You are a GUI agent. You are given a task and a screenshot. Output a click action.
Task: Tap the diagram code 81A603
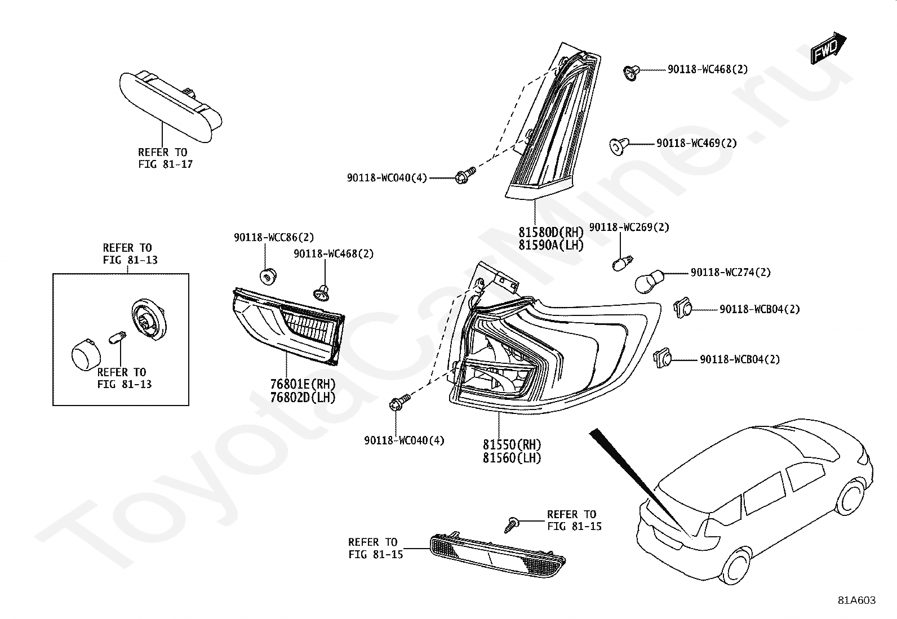[856, 600]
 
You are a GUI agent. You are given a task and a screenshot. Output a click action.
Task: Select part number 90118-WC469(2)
[696, 143]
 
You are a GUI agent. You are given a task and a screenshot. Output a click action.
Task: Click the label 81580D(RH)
[551, 232]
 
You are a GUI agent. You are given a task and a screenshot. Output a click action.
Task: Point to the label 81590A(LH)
[551, 244]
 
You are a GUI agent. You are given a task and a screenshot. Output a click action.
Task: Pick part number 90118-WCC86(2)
[274, 238]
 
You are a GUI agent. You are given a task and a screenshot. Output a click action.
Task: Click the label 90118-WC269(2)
[629, 227]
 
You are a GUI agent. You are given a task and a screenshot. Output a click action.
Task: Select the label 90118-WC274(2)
[730, 272]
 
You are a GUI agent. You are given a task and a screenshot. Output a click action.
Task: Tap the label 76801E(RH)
[303, 384]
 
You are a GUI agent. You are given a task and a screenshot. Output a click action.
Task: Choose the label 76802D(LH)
[303, 397]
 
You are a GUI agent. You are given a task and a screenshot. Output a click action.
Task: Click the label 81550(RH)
[512, 444]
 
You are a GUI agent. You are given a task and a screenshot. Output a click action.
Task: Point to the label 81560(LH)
[512, 458]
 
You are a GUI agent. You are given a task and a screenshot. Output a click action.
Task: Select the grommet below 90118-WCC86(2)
[268, 276]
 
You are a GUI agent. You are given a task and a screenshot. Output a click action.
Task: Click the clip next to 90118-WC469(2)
[619, 146]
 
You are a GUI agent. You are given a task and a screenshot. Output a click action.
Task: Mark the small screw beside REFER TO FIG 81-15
[512, 524]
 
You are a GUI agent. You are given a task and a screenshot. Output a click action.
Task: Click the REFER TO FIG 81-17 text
[166, 158]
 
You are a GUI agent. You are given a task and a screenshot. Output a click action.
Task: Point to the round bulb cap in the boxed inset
[86, 355]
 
